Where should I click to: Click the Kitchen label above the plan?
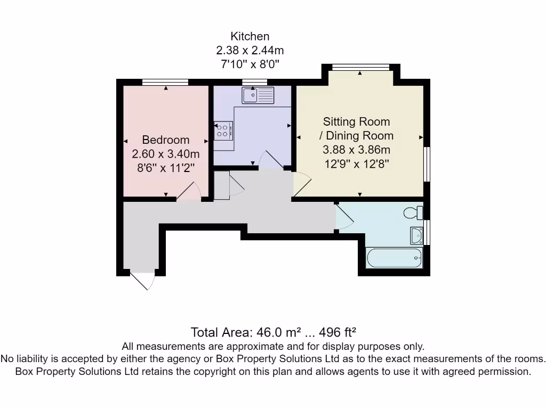coord(250,37)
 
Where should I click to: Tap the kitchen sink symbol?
coord(258,95)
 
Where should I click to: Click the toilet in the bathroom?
coord(413,213)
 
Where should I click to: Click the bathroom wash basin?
coord(416,234)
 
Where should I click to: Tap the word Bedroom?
coord(165,140)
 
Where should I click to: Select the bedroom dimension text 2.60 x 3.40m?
coord(165,154)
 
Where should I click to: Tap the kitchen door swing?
coord(271,160)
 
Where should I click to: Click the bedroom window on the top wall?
coord(165,82)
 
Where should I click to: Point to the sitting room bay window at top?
coord(360,67)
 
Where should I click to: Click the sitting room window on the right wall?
coord(427,164)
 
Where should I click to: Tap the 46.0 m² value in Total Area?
coord(272,333)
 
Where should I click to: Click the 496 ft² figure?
coord(338,333)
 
